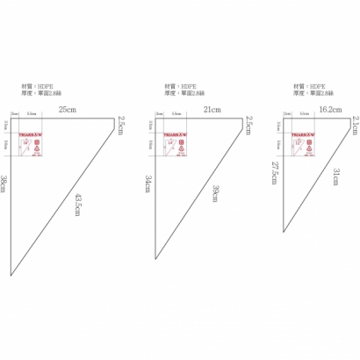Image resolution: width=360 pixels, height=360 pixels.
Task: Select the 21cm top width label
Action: click(211, 109)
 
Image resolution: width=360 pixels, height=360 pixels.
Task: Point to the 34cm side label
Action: click(149, 184)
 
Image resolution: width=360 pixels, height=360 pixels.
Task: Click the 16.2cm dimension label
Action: click(330, 109)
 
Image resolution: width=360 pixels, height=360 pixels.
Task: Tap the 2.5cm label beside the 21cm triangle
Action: click(249, 126)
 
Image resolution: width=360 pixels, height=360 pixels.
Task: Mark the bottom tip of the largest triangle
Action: click(10, 275)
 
